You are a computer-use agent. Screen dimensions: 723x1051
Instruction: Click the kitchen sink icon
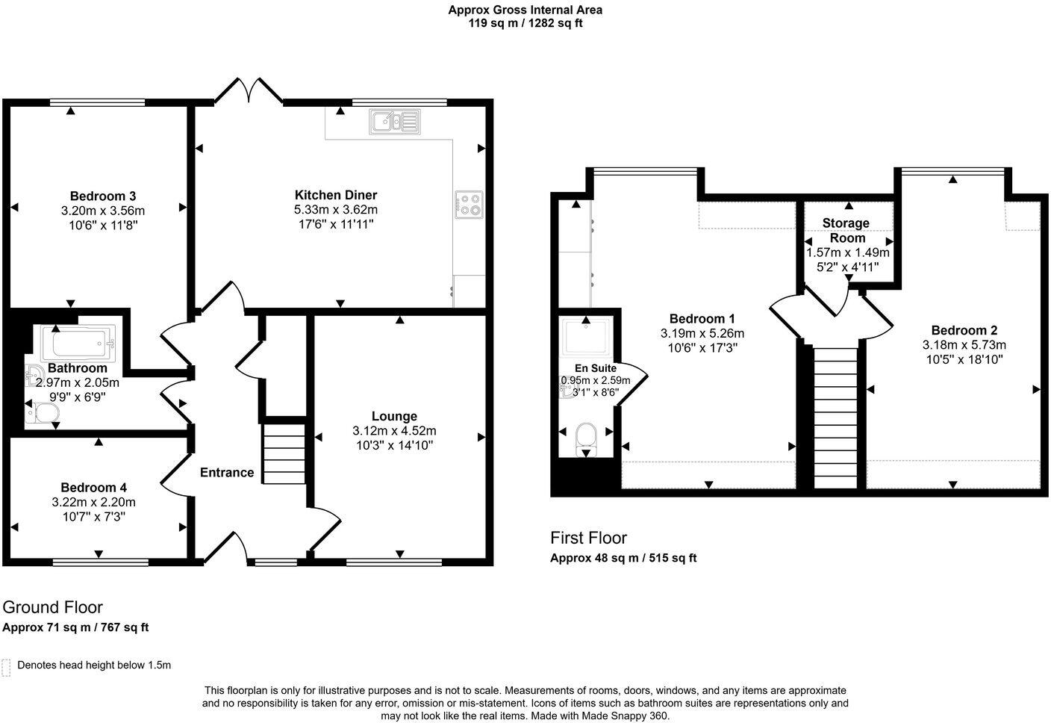(x=395, y=122)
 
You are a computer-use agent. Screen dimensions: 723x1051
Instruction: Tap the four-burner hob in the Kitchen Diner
(x=470, y=204)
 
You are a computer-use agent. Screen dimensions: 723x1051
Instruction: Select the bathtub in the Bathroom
(x=78, y=343)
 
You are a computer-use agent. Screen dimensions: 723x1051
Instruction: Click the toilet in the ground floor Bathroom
(x=45, y=415)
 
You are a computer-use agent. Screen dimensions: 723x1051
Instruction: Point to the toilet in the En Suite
(x=587, y=437)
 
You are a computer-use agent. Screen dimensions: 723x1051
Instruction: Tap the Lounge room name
(x=394, y=416)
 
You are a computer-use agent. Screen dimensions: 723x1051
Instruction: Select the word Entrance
(x=227, y=472)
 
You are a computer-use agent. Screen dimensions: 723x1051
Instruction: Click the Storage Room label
(x=846, y=230)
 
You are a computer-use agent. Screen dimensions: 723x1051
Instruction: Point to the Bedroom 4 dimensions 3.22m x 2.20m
(x=94, y=502)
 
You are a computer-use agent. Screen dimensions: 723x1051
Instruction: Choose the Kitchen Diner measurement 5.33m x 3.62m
(x=336, y=209)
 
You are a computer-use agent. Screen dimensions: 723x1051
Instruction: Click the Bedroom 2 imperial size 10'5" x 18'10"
(x=964, y=359)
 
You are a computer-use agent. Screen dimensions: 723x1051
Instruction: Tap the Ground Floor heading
(x=52, y=606)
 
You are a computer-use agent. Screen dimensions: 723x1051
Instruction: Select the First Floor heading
(x=588, y=538)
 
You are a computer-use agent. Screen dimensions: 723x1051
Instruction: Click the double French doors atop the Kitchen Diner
(x=249, y=90)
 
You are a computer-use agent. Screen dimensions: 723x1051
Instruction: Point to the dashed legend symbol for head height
(x=6, y=667)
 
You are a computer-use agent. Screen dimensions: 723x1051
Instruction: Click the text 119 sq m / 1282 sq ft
(x=525, y=23)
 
